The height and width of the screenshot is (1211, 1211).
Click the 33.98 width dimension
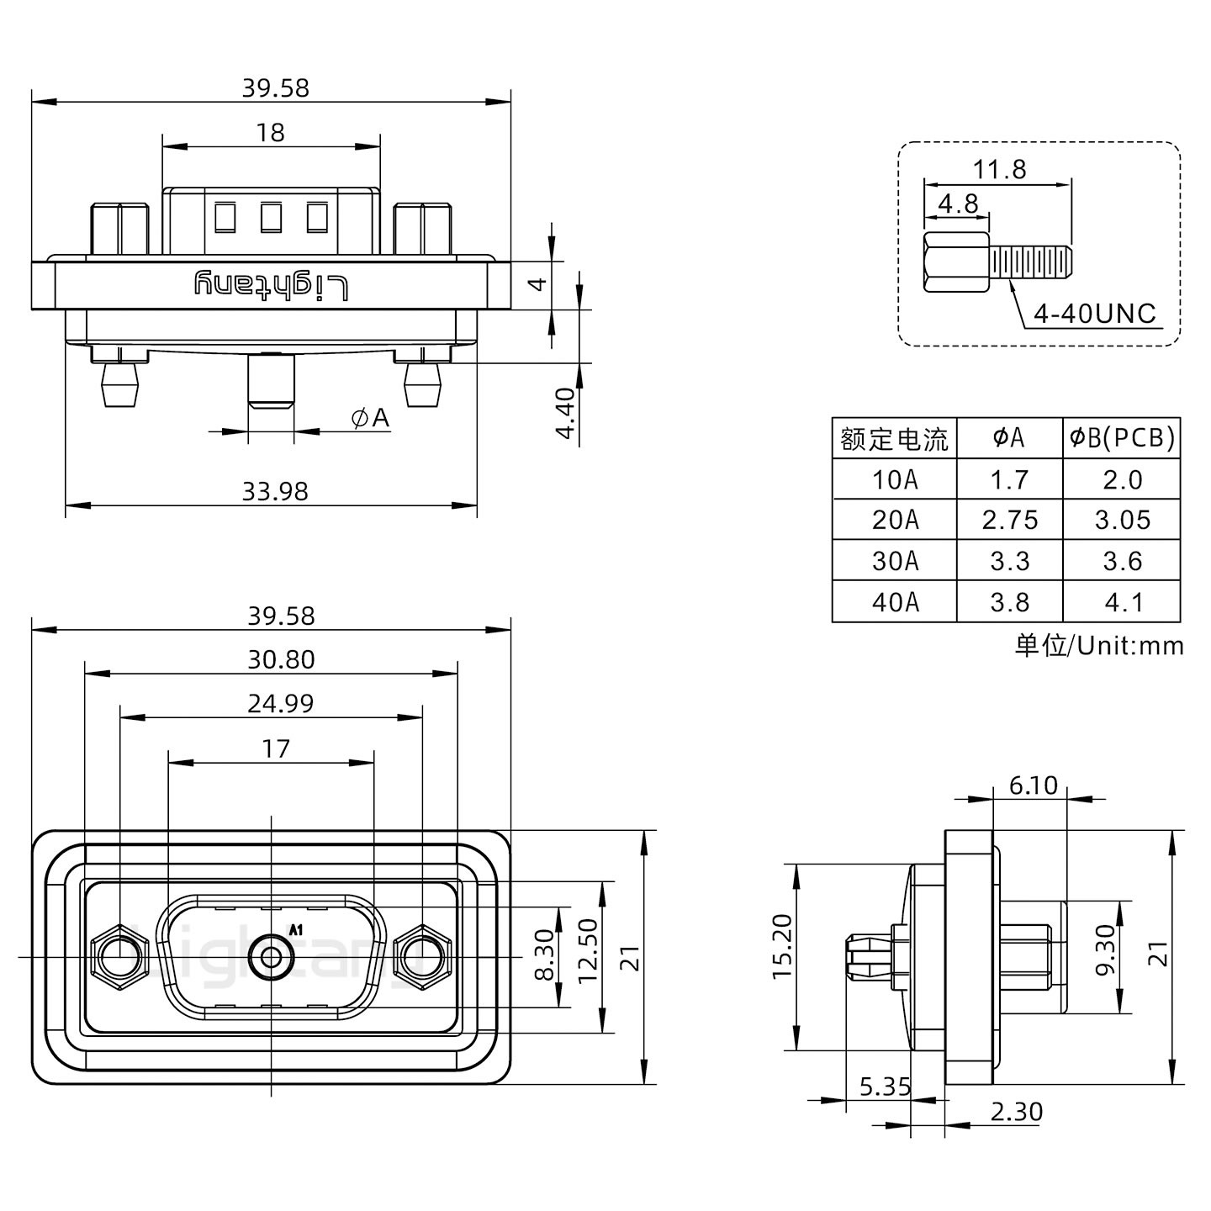pyautogui.click(x=275, y=491)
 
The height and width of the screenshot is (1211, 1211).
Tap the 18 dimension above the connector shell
pyautogui.click(x=271, y=133)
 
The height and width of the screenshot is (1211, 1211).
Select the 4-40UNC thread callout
pyautogui.click(x=1095, y=314)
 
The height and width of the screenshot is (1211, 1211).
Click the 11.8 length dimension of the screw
pyautogui.click(x=999, y=170)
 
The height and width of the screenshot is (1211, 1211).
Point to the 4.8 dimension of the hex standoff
pyautogui.click(x=958, y=204)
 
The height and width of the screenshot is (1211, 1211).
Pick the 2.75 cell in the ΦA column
pyautogui.click(x=1009, y=521)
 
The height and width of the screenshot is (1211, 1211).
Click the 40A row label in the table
pyautogui.click(x=895, y=602)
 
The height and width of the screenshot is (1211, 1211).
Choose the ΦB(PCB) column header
pyautogui.click(x=1122, y=437)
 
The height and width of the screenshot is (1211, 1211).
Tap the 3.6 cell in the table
pyautogui.click(x=1122, y=561)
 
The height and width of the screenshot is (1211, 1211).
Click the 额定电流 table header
pyautogui.click(x=894, y=438)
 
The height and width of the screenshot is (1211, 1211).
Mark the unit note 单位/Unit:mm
pyautogui.click(x=1099, y=645)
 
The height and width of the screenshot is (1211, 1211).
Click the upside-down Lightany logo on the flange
pyautogui.click(x=271, y=286)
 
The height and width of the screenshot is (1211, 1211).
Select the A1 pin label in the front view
pyautogui.click(x=295, y=929)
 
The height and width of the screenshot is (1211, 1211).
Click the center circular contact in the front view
pyautogui.click(x=272, y=957)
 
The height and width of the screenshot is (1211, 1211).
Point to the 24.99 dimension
pyautogui.click(x=280, y=703)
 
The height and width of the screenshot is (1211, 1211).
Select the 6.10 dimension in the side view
pyautogui.click(x=1033, y=785)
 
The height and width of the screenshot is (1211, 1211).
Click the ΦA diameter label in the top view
pyautogui.click(x=371, y=417)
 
